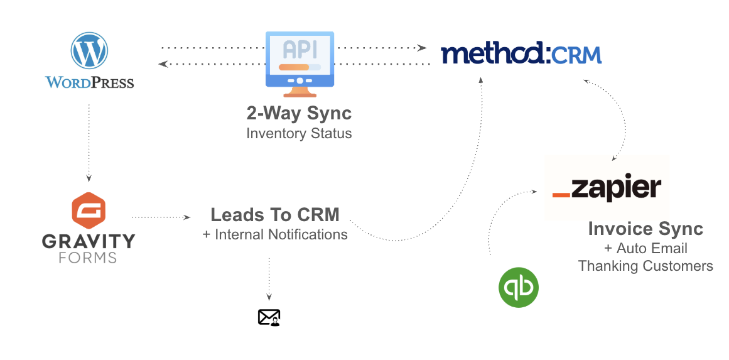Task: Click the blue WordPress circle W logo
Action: pyautogui.click(x=90, y=50)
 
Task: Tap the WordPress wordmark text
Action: pyautogui.click(x=89, y=82)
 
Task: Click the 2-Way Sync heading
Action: pyautogui.click(x=299, y=114)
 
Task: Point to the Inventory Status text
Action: pyautogui.click(x=299, y=133)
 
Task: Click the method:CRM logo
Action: pyautogui.click(x=521, y=54)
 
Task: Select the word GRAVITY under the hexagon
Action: pyautogui.click(x=89, y=241)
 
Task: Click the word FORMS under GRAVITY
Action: pyautogui.click(x=89, y=258)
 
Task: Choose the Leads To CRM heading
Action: pyautogui.click(x=275, y=215)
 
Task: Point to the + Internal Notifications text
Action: pyautogui.click(x=275, y=235)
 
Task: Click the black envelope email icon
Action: pyautogui.click(x=269, y=317)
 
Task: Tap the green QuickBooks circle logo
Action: pyautogui.click(x=519, y=288)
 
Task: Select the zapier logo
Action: pyautogui.click(x=607, y=188)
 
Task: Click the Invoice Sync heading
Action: pyautogui.click(x=645, y=229)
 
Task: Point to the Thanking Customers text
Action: pyautogui.click(x=645, y=266)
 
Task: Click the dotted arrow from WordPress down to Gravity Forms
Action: pyautogui.click(x=89, y=141)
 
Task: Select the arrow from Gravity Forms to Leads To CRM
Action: pyautogui.click(x=161, y=217)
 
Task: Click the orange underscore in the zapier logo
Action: pyautogui.click(x=561, y=195)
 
